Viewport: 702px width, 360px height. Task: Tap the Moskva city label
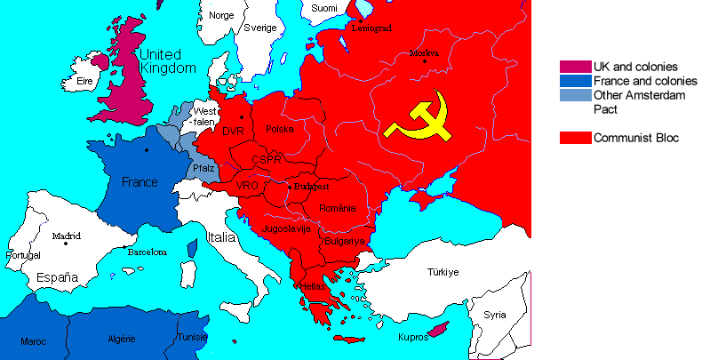coord(424,53)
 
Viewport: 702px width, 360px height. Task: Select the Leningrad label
coord(371,28)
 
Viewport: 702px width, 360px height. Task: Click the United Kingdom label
coord(166,61)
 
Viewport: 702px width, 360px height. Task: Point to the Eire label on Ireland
coord(86,81)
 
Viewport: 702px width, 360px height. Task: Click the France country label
coord(139,182)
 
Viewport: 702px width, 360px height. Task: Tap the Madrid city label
coord(65,236)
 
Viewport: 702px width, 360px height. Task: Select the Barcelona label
coord(147,252)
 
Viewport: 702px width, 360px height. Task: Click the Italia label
coord(221,238)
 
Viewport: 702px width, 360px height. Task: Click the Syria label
coord(494,315)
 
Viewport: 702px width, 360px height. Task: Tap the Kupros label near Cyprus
coord(413,339)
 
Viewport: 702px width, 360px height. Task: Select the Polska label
coord(279,130)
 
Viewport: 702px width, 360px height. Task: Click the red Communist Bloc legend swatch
coord(574,138)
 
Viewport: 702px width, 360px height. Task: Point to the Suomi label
coord(324,8)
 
